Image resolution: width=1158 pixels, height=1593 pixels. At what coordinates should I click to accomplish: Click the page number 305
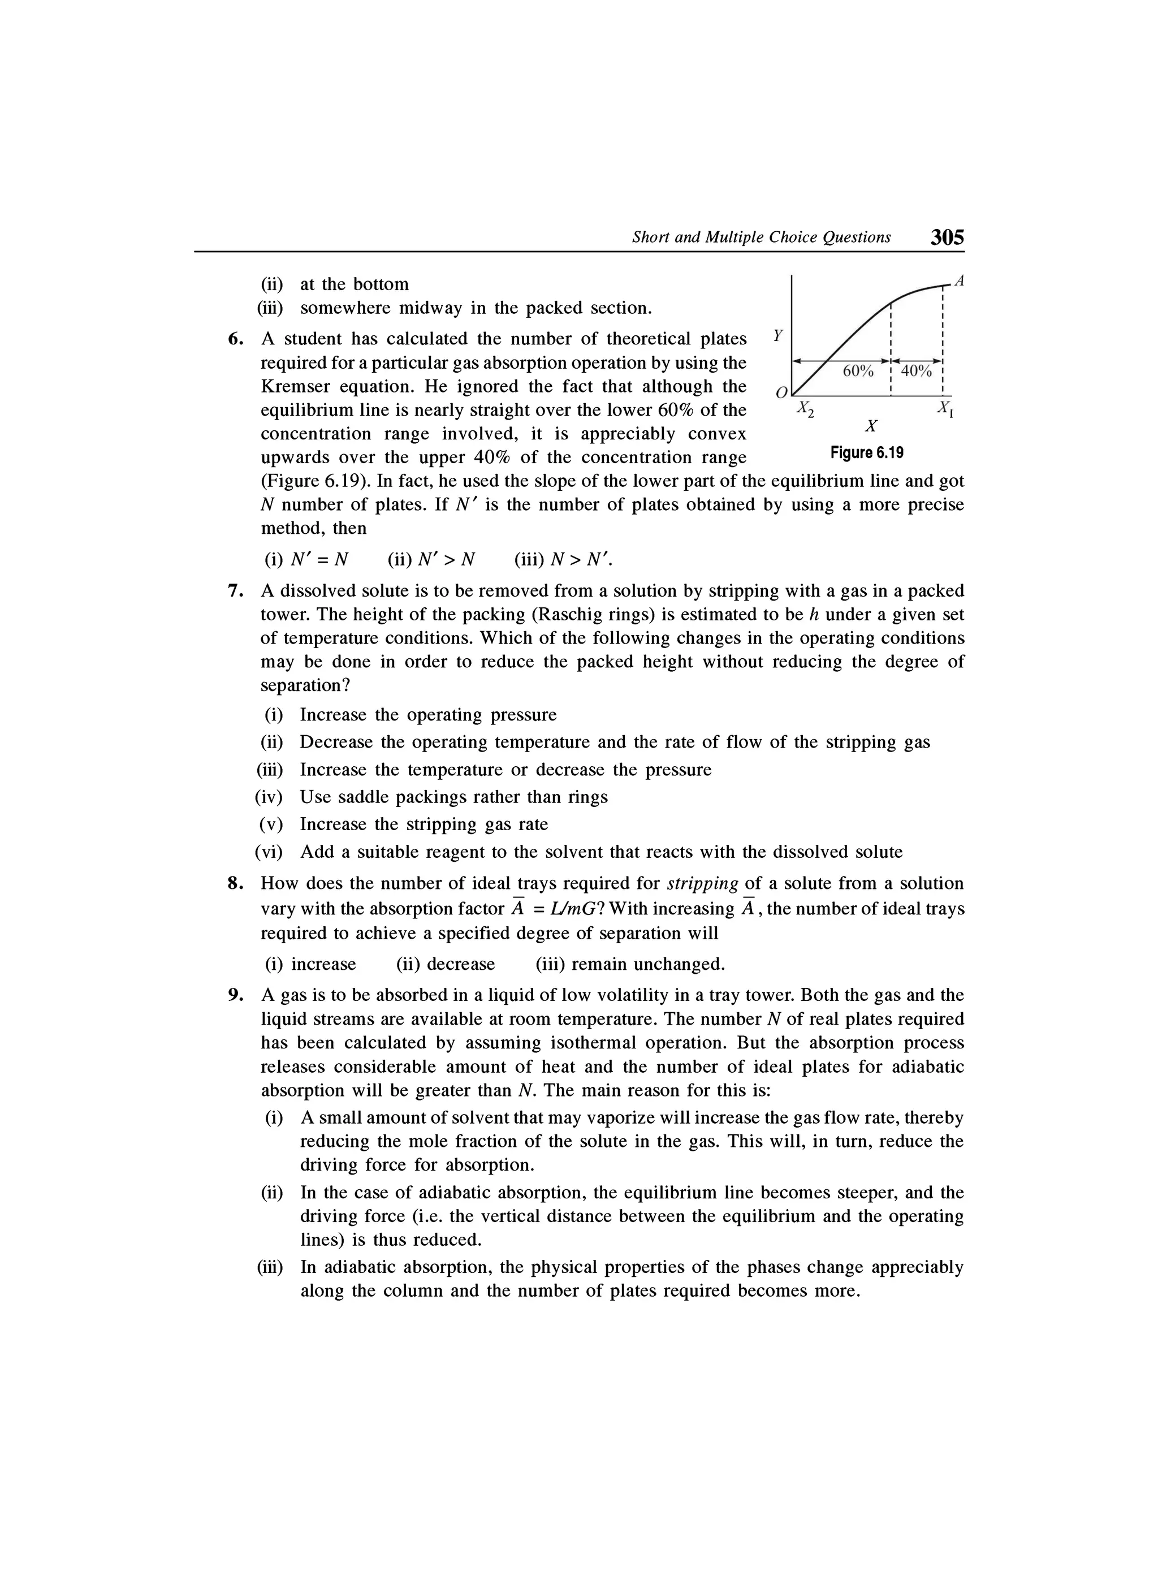tap(947, 238)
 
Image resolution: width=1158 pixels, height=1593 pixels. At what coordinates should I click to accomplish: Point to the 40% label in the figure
tap(916, 371)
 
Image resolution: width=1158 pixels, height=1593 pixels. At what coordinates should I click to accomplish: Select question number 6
tap(236, 339)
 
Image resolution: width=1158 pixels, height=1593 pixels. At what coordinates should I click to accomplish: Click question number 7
tap(236, 591)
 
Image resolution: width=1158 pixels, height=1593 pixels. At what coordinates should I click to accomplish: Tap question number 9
tap(236, 995)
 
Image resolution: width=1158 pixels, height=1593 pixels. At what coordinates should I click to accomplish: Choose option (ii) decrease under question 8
tap(445, 964)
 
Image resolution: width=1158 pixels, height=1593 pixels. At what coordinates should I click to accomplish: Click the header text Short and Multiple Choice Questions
tap(761, 238)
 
